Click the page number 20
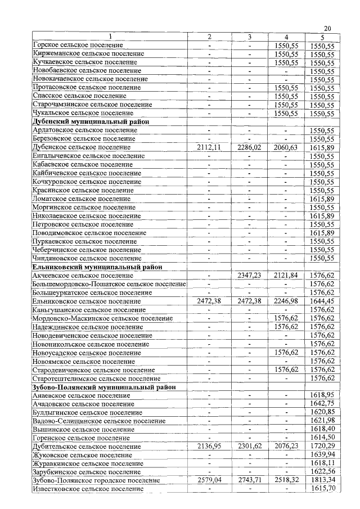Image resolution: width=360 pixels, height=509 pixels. pos(327,29)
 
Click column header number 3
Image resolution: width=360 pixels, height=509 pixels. pos(248,37)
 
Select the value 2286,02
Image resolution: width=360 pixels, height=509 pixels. pos(248,147)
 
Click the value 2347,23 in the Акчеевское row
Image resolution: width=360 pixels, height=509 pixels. pos(248,276)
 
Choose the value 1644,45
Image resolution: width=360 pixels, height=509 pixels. pos(322,301)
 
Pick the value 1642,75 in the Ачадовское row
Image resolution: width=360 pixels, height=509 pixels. pos(322,404)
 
